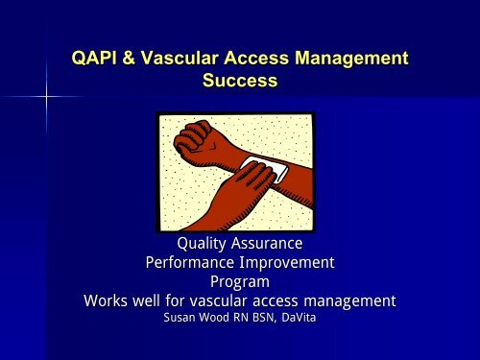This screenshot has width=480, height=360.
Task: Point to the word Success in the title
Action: pyautogui.click(x=240, y=83)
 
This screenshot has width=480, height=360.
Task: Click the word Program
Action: pyautogui.click(x=239, y=282)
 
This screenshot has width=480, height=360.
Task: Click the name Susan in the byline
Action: pyautogui.click(x=183, y=320)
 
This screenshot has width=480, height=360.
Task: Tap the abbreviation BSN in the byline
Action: pyautogui.click(x=254, y=320)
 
